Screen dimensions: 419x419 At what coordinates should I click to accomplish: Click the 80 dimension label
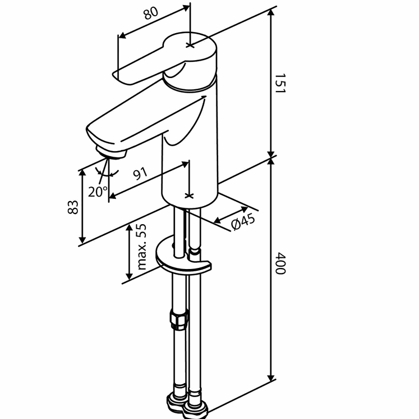pyautogui.click(x=151, y=14)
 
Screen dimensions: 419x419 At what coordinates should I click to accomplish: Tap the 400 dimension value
pyautogui.click(x=280, y=264)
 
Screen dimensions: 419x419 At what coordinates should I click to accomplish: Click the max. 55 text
pyautogui.click(x=141, y=247)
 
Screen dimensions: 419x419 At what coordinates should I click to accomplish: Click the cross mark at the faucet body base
pyautogui.click(x=190, y=195)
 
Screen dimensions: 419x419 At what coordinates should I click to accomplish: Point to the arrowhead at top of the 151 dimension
pyautogui.click(x=271, y=13)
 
